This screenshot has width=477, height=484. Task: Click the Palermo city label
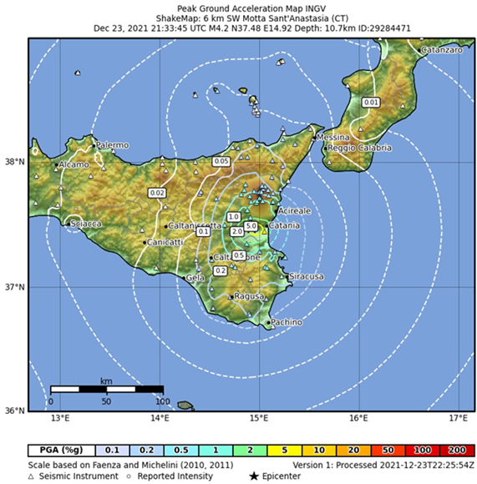(x=112, y=145)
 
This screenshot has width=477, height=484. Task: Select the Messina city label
(x=332, y=137)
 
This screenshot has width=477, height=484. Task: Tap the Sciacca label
(x=86, y=224)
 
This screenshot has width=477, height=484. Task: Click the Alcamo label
(x=73, y=165)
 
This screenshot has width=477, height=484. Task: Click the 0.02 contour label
(x=157, y=193)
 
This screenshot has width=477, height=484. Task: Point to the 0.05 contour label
(x=221, y=160)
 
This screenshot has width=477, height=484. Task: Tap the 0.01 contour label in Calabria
(x=372, y=102)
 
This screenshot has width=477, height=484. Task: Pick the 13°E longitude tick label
(x=59, y=416)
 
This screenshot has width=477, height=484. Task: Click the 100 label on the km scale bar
(x=162, y=400)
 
